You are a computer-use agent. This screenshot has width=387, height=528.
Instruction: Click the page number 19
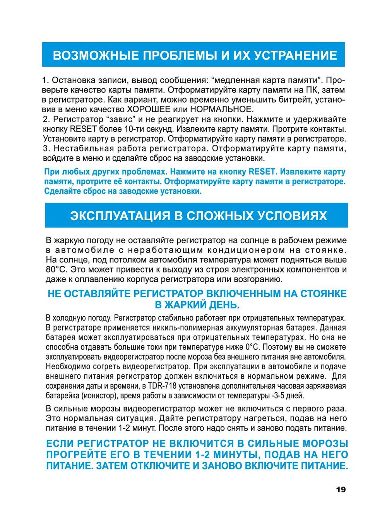(341, 490)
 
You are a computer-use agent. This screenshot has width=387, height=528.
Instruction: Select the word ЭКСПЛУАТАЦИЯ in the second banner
(120, 216)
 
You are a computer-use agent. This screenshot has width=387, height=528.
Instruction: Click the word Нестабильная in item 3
(79, 149)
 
